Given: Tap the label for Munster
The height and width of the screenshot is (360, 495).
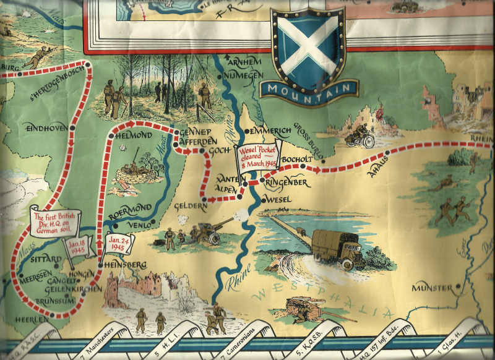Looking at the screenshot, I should pos(433,288).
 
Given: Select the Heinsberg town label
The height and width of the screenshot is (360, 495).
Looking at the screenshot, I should pos(126,265).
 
